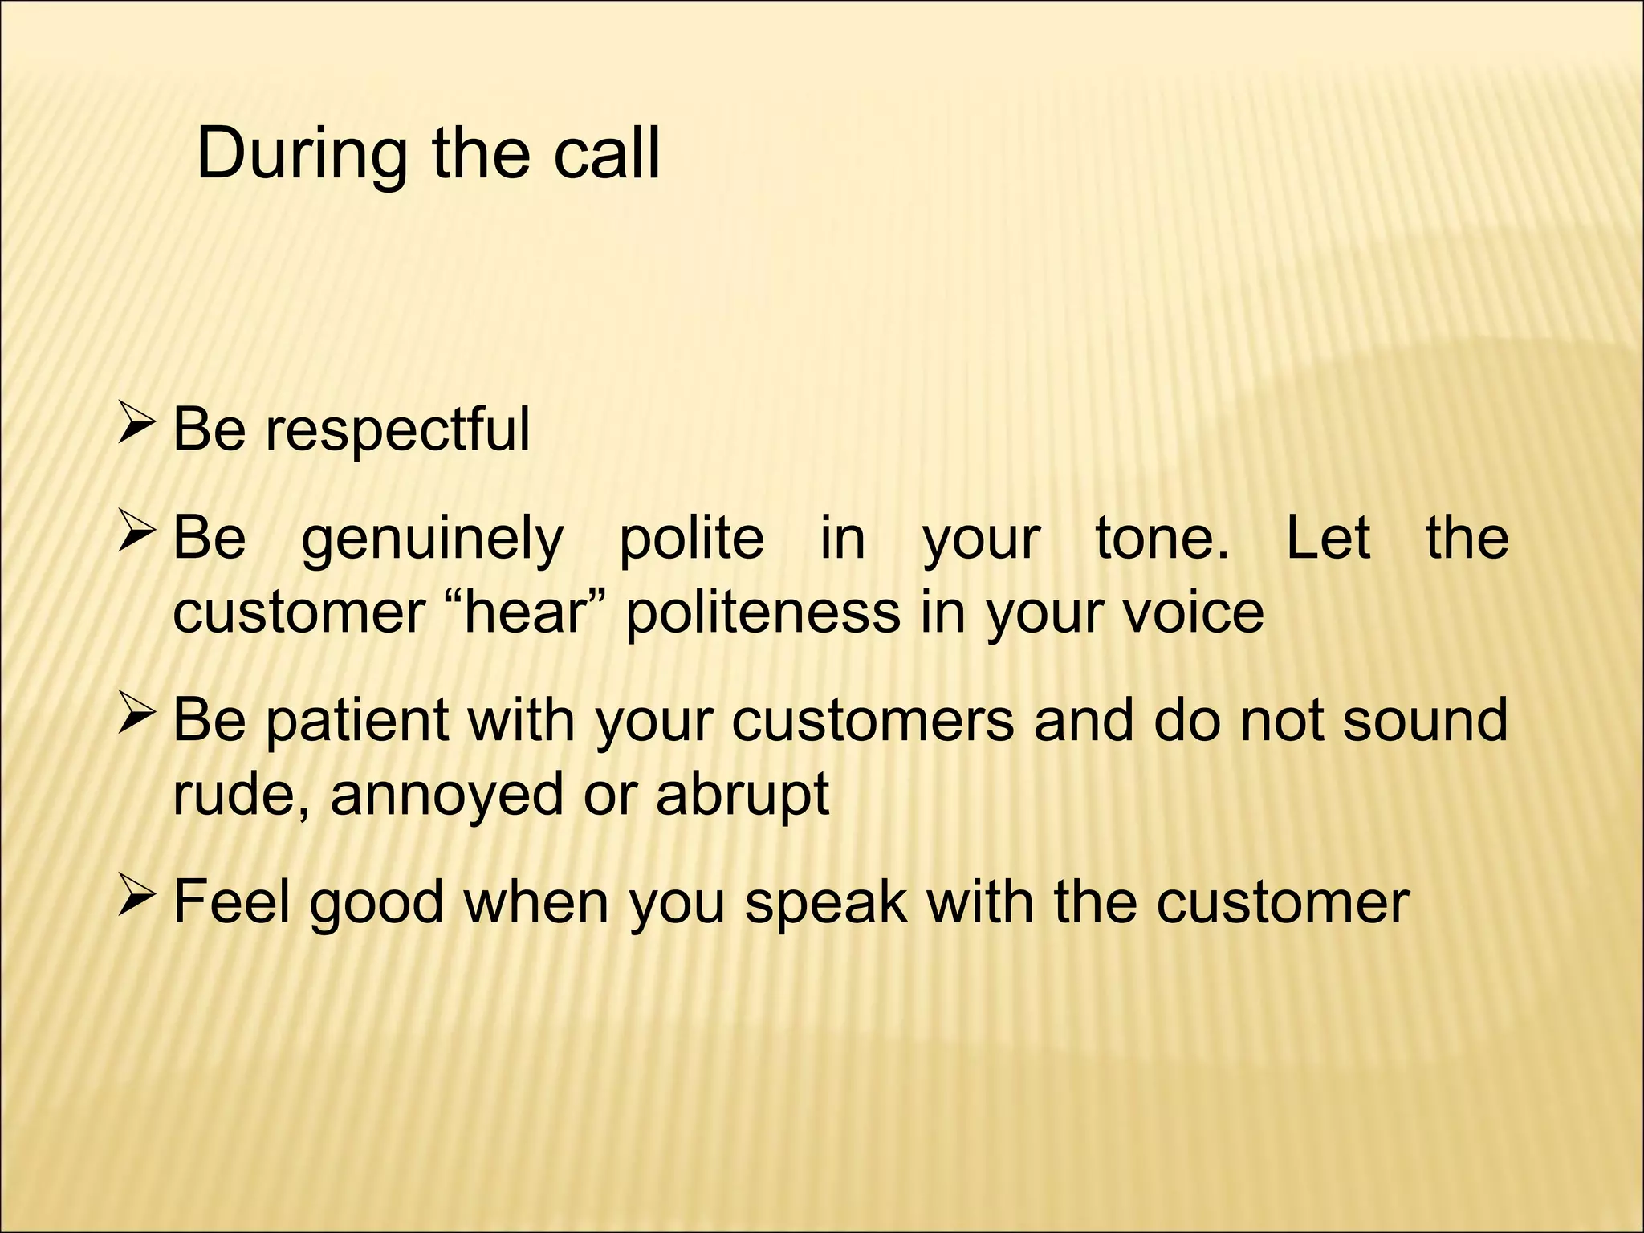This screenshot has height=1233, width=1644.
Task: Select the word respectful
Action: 398,430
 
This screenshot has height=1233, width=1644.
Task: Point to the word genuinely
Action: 433,539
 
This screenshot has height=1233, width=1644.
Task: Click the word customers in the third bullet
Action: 873,721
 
